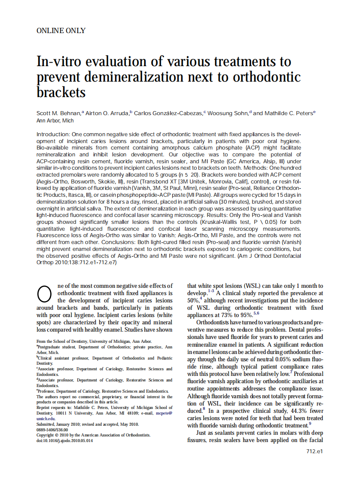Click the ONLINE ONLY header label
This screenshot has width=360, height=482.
pyautogui.click(x=61, y=31)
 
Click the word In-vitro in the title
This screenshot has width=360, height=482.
pyautogui.click(x=59, y=62)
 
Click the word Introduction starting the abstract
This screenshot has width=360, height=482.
pyautogui.click(x=53, y=134)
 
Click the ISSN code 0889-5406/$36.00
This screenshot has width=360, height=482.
pyautogui.click(x=52, y=429)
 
